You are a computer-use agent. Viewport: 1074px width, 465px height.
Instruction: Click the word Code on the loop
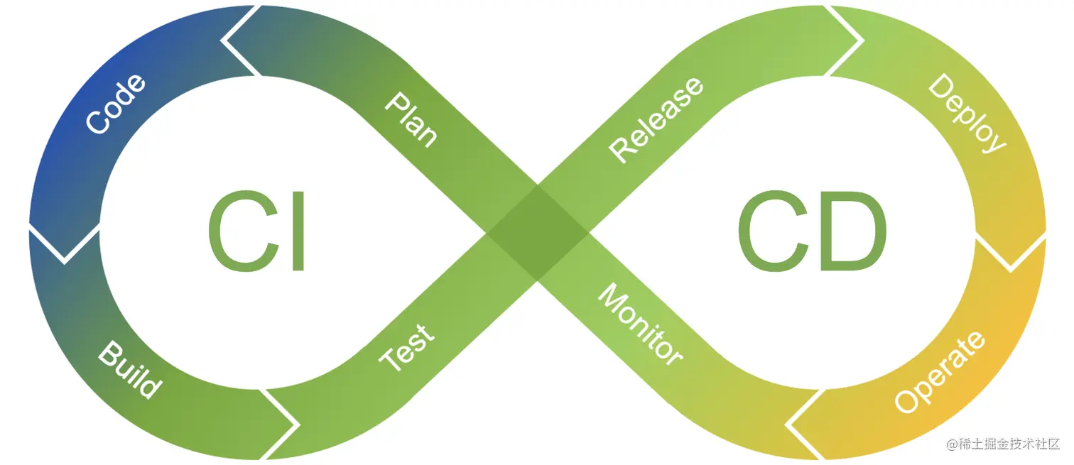point(116,104)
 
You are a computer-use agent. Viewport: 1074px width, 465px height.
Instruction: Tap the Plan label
point(411,119)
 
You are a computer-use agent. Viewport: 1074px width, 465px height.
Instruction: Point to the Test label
point(406,349)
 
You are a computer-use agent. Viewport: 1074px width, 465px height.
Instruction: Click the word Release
point(657,119)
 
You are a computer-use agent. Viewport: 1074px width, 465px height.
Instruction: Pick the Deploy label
point(967,114)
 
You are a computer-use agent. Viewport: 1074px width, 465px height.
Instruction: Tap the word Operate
point(940,371)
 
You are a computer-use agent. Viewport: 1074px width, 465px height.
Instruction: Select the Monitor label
point(640,324)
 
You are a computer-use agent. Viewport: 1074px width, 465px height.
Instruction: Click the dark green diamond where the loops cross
point(537,233)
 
